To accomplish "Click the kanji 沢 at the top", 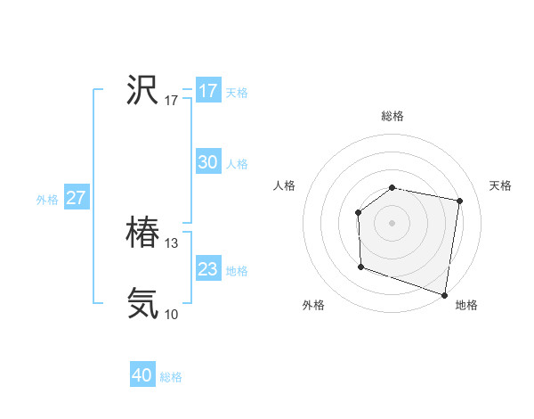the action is (142, 89).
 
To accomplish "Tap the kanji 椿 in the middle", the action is (142, 234).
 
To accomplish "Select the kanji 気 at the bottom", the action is (142, 303).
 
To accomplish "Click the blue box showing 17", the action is (208, 91).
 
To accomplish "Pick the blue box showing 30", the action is (208, 162).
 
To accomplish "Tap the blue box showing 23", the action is (208, 269).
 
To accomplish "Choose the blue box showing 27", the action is (76, 198).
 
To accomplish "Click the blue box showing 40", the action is (142, 375).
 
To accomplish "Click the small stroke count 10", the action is (172, 314).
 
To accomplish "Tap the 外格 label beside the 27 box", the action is (47, 200).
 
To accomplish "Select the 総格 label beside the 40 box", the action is (171, 377).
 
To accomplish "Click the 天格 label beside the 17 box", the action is (237, 93).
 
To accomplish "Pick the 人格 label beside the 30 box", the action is (237, 164).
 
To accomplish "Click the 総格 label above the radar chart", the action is (392, 116).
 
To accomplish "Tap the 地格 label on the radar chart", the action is (466, 305).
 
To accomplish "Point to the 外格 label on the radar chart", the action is (313, 305).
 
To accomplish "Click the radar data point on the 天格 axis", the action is (459, 201).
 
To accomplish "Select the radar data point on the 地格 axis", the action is (443, 293).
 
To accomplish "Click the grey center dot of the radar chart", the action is (392, 222).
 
